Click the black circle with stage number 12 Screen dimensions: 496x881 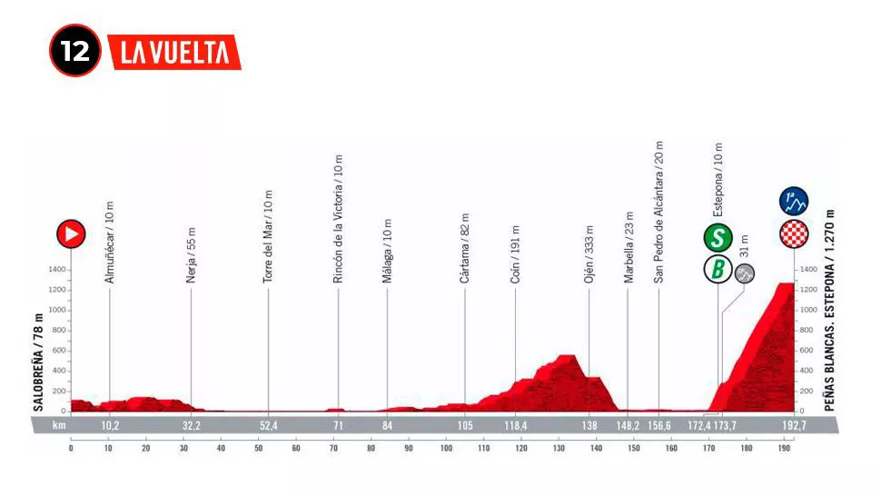(x=75, y=51)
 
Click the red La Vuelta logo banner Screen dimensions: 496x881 (x=174, y=52)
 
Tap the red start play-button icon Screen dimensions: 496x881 (x=71, y=233)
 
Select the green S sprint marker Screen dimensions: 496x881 (x=719, y=238)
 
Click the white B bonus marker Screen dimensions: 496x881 (x=719, y=270)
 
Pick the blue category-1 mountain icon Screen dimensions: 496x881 (x=794, y=202)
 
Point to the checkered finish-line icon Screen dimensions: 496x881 (x=794, y=233)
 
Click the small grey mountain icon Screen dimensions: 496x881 (x=745, y=273)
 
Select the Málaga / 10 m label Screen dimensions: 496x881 (x=387, y=252)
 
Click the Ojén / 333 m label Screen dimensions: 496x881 (x=589, y=254)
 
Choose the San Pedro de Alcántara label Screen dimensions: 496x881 (x=658, y=213)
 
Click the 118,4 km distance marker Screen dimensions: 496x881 (x=520, y=424)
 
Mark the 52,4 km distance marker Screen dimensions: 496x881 (x=268, y=424)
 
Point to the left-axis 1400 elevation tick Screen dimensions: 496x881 (x=55, y=271)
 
